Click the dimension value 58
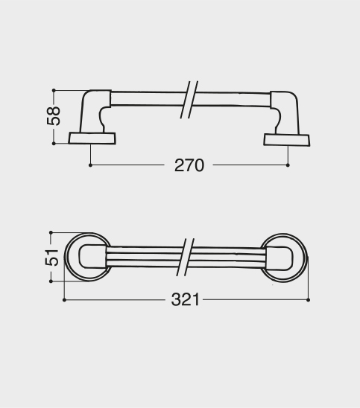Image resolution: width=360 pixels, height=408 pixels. [x=54, y=116]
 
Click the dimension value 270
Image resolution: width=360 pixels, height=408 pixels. [x=189, y=165]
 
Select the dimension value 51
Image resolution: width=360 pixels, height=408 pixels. [x=51, y=258]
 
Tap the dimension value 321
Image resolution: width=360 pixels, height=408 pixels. [x=185, y=299]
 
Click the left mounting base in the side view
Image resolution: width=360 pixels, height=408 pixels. [x=92, y=138]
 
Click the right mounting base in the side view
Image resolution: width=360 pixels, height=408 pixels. [x=286, y=140]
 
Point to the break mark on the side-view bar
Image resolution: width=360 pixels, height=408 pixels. [x=189, y=100]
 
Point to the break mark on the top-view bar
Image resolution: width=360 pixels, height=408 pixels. [x=186, y=257]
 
